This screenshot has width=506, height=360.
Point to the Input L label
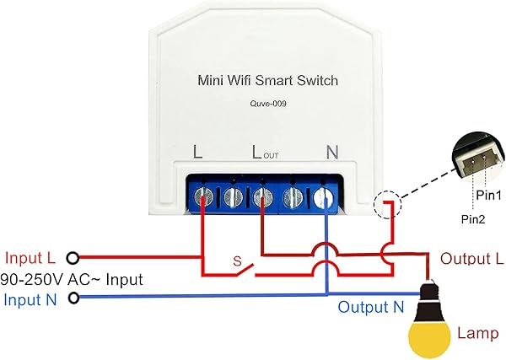point(31,257)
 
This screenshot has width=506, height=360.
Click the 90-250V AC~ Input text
point(72,279)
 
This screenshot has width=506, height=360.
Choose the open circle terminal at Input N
point(74,298)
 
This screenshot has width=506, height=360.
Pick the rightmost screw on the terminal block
point(326,197)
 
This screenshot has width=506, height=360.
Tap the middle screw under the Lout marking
point(262,197)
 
